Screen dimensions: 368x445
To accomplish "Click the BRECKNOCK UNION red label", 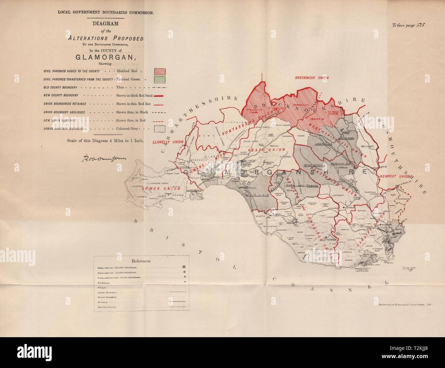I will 312,78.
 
